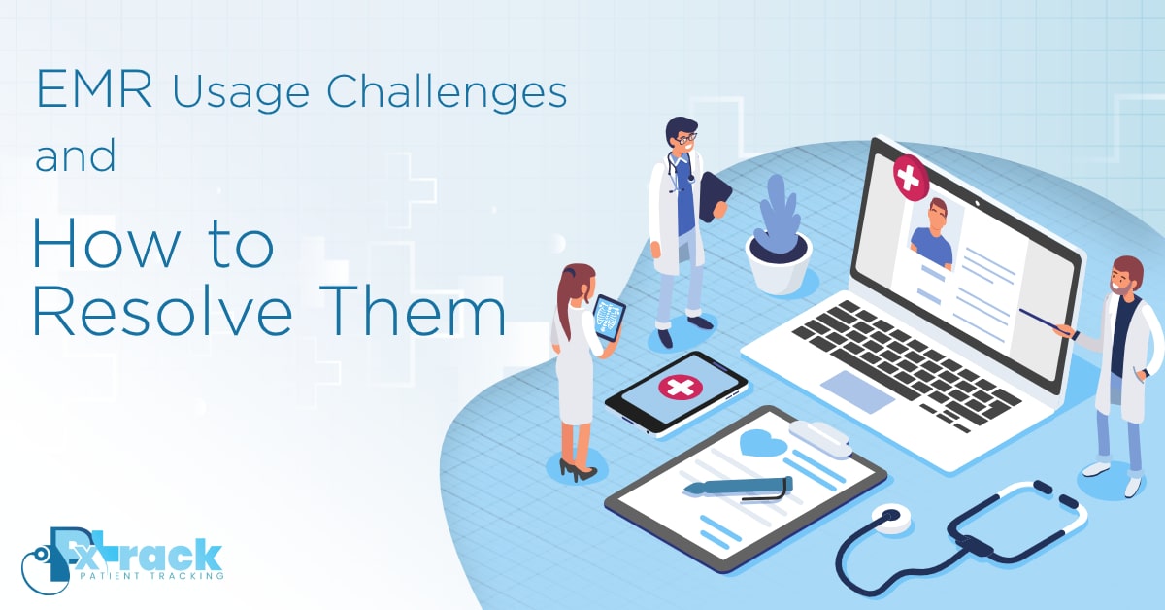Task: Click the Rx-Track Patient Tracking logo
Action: pos(122,558)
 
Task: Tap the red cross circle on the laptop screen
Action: pos(910,177)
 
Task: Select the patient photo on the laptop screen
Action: pos(932,232)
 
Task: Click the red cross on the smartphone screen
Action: pos(681,387)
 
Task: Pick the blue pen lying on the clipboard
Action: pos(738,486)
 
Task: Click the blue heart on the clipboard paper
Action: pos(763,443)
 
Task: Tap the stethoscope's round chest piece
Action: pos(886,516)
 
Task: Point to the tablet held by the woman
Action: pos(610,317)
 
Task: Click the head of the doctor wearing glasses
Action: pos(682,136)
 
